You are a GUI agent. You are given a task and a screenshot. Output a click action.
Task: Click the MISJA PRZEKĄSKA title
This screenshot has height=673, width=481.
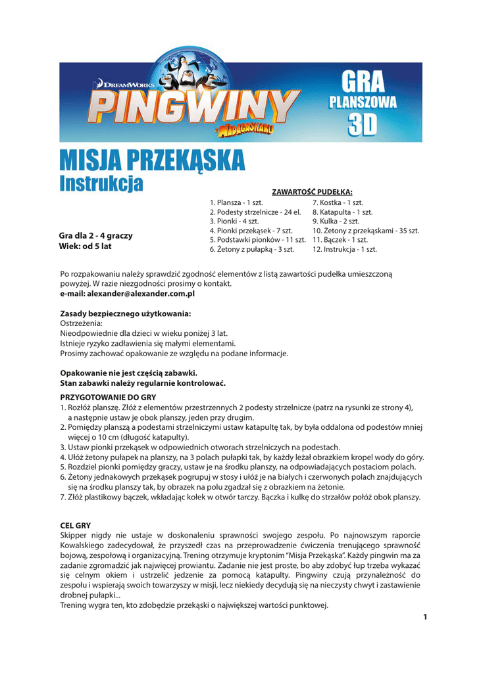pyautogui.click(x=152, y=160)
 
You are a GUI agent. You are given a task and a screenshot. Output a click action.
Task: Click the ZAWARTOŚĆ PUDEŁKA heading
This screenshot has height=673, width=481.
pyautogui.click(x=313, y=192)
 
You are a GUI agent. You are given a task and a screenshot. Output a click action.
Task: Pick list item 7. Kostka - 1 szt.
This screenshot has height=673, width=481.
pyautogui.click(x=338, y=203)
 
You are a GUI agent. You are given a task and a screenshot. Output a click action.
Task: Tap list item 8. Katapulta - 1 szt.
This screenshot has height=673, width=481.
pyautogui.click(x=342, y=212)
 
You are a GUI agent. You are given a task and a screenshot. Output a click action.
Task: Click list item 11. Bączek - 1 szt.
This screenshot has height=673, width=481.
pyautogui.click(x=340, y=240)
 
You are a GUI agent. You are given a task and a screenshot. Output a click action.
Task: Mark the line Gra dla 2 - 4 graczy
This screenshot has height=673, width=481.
pyautogui.click(x=95, y=235)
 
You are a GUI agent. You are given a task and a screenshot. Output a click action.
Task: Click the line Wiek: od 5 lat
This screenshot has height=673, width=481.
pyautogui.click(x=86, y=246)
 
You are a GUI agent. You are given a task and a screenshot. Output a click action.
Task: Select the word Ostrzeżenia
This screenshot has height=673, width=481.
pyautogui.click(x=82, y=324)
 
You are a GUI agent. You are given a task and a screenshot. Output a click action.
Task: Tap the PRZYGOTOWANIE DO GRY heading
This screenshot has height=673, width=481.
pyautogui.click(x=108, y=397)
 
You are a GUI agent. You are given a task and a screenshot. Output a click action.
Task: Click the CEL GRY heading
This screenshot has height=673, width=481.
pyautogui.click(x=75, y=526)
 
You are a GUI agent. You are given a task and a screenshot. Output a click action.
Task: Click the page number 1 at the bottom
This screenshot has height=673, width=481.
pyautogui.click(x=426, y=616)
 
